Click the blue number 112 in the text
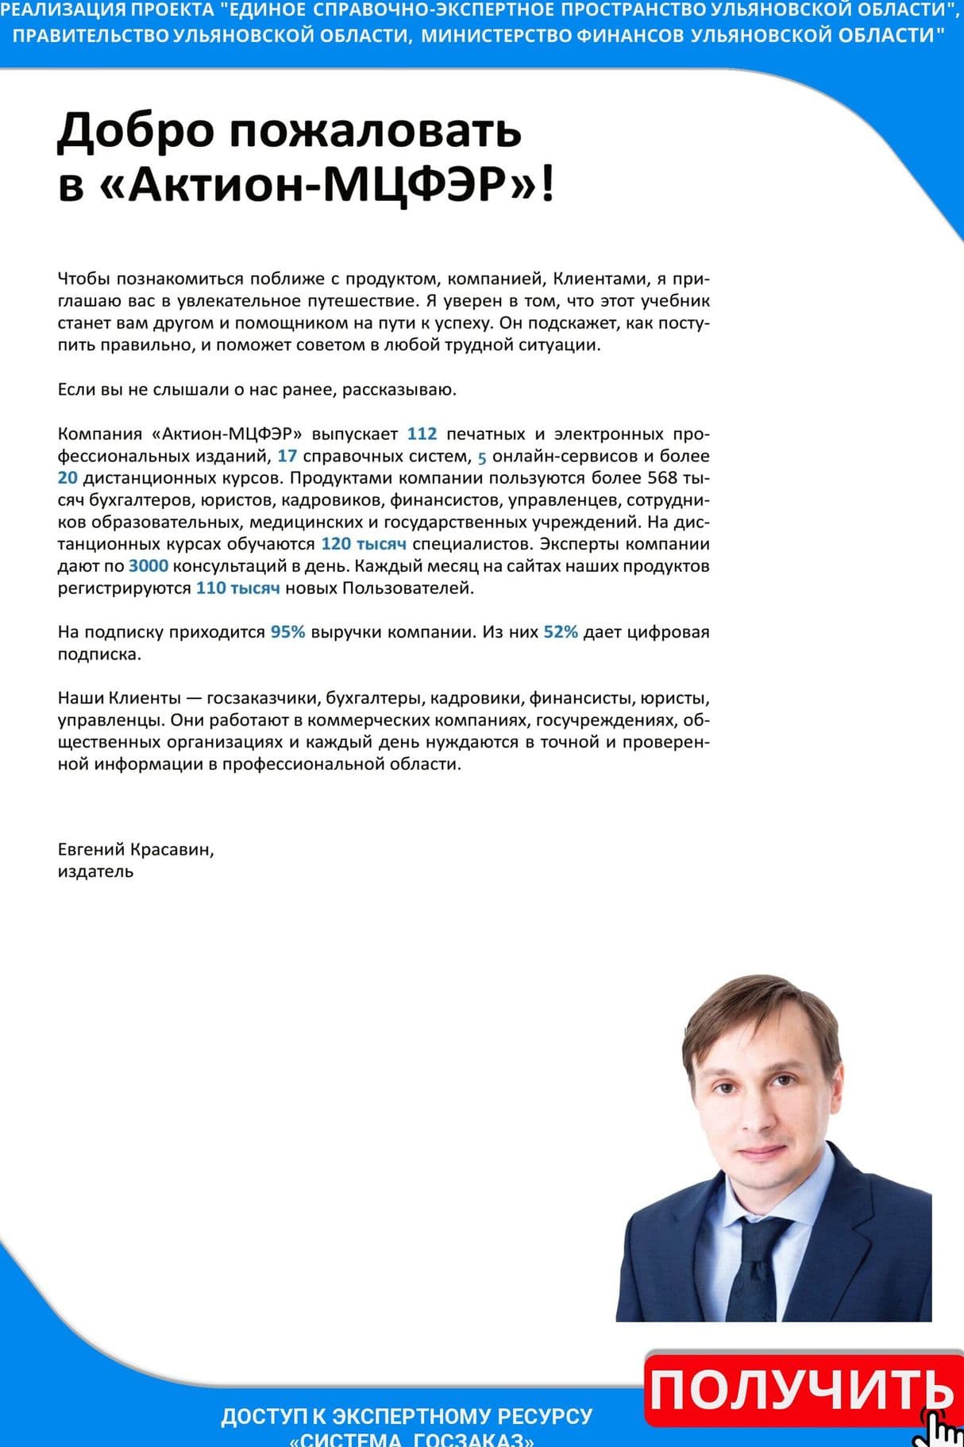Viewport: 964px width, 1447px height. [x=422, y=434]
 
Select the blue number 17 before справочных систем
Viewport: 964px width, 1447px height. [x=287, y=457]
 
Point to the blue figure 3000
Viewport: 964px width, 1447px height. [x=148, y=566]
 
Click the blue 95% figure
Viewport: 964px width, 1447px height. [x=287, y=632]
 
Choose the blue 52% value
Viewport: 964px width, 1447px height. [x=561, y=632]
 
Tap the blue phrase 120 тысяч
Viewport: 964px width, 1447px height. [x=364, y=544]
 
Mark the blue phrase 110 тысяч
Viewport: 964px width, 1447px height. [x=237, y=588]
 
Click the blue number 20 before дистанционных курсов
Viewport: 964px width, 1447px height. [x=67, y=478]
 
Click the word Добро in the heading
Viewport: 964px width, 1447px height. [x=136, y=131]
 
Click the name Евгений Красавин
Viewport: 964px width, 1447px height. [x=135, y=850]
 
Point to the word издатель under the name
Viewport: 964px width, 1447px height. [x=95, y=872]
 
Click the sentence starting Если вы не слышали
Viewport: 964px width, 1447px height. [x=256, y=390]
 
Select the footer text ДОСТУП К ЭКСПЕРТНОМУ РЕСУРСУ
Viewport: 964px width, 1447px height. [x=407, y=1416]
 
